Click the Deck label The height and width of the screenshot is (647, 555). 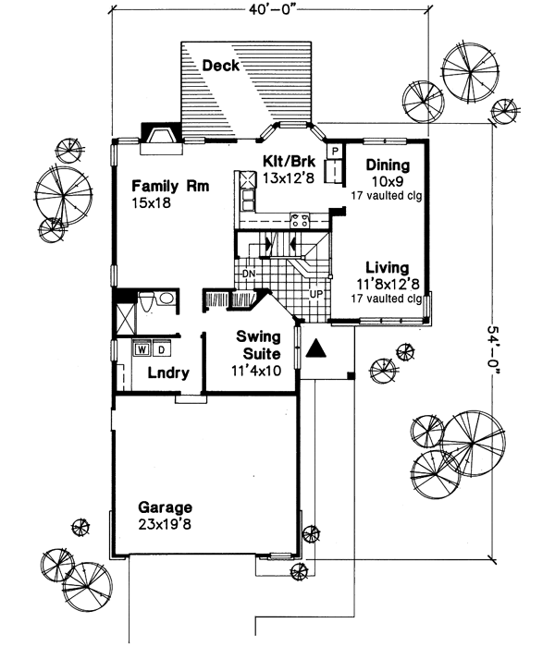(x=220, y=66)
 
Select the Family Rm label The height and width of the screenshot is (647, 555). (x=169, y=185)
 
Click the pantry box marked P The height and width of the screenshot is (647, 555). (x=334, y=148)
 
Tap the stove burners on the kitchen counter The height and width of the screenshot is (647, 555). (x=301, y=220)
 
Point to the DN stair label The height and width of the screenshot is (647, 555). (x=248, y=275)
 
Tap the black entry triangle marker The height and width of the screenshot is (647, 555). (x=315, y=348)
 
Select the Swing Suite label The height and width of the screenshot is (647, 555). (x=252, y=344)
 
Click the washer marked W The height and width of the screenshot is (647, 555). (x=142, y=349)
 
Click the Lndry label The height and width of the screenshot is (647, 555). (x=168, y=373)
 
